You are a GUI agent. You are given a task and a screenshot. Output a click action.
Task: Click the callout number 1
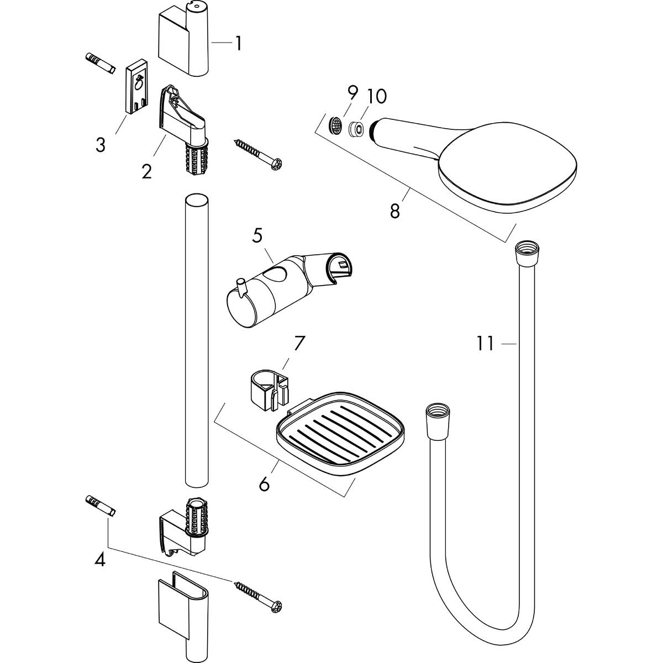point(238,44)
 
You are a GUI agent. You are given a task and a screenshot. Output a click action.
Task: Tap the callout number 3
point(100,145)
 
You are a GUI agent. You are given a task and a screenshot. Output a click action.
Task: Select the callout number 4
point(99,560)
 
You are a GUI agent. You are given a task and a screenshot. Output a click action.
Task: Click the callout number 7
point(298,344)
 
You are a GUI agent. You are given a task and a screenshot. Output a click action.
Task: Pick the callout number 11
point(485,344)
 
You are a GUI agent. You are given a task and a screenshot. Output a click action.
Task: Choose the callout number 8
point(394,211)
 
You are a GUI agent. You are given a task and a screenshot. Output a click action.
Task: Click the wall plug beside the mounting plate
point(100,64)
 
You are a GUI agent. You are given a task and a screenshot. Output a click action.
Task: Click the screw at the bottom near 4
point(259,596)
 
